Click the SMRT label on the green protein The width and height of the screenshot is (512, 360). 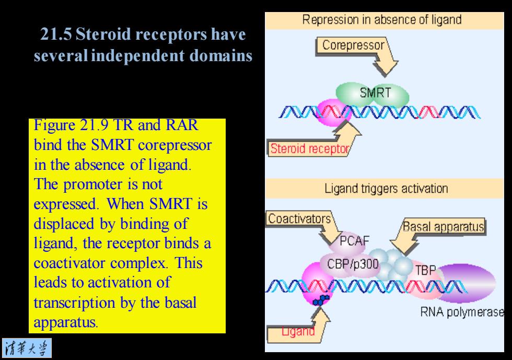(x=375, y=92)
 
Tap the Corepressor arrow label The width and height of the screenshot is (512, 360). (x=353, y=45)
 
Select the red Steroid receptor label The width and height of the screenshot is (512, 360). (x=309, y=148)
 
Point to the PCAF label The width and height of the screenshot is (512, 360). (x=354, y=241)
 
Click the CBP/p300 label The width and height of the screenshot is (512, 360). (x=353, y=264)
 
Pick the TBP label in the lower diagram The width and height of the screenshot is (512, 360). (x=425, y=270)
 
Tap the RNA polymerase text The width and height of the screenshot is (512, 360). (x=462, y=312)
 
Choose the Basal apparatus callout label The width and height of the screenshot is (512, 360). (x=443, y=226)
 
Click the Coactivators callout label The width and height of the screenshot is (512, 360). (x=299, y=218)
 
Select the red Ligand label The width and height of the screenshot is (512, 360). (x=298, y=331)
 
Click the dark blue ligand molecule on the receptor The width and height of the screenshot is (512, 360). (x=321, y=300)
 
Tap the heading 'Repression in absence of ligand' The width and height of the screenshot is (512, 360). (x=382, y=20)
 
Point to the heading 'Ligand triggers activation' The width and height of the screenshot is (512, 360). (x=386, y=189)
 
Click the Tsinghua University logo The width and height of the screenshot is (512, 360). (x=27, y=348)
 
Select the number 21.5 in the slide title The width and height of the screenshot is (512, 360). (x=56, y=34)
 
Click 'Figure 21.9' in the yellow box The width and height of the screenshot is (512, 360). (x=71, y=125)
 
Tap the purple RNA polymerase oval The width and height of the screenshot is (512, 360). (x=467, y=283)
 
